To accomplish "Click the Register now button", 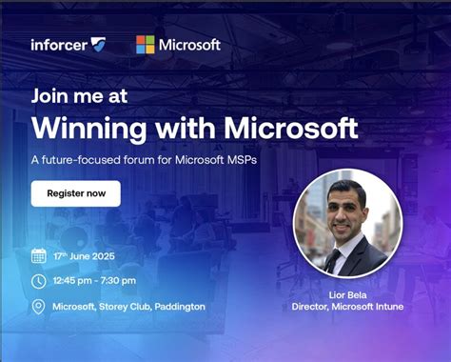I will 75,193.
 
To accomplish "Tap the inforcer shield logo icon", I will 98,45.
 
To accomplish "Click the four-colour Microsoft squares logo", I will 145,45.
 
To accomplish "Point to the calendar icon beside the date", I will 38,255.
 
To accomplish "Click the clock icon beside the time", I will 38,281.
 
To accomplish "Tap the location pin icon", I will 38,307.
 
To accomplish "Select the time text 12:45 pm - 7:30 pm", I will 94,281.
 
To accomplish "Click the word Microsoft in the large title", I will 285,128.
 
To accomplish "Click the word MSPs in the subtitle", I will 241,159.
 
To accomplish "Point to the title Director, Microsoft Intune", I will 347,307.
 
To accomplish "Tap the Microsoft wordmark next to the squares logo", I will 189,45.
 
